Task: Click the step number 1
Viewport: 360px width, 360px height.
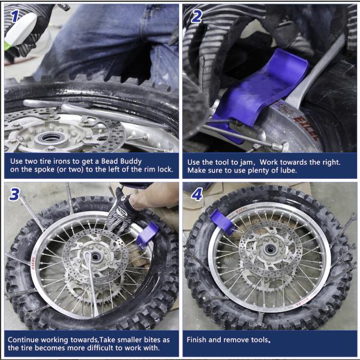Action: click(x=14, y=16)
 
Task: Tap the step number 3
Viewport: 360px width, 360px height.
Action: click(x=14, y=194)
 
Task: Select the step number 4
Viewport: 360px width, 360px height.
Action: click(x=197, y=194)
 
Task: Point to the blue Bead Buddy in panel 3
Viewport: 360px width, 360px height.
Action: click(x=147, y=235)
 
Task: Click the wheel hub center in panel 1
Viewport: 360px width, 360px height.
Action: click(x=50, y=138)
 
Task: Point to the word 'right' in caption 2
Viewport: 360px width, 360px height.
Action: click(x=330, y=163)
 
